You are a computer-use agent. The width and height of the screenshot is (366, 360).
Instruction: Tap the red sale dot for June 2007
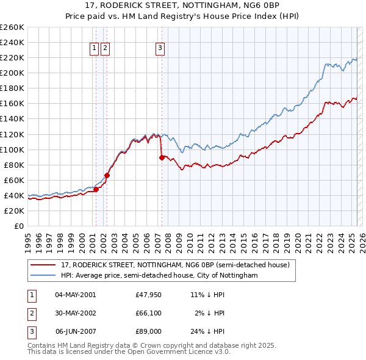pos(162,157)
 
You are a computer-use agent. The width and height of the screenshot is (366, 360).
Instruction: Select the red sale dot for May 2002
pos(107,175)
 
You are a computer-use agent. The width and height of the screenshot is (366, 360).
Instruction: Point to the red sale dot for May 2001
pos(96,189)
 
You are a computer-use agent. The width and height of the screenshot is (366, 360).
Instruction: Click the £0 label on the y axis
pos(19,226)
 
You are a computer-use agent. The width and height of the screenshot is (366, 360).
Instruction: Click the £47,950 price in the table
pos(149,294)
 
